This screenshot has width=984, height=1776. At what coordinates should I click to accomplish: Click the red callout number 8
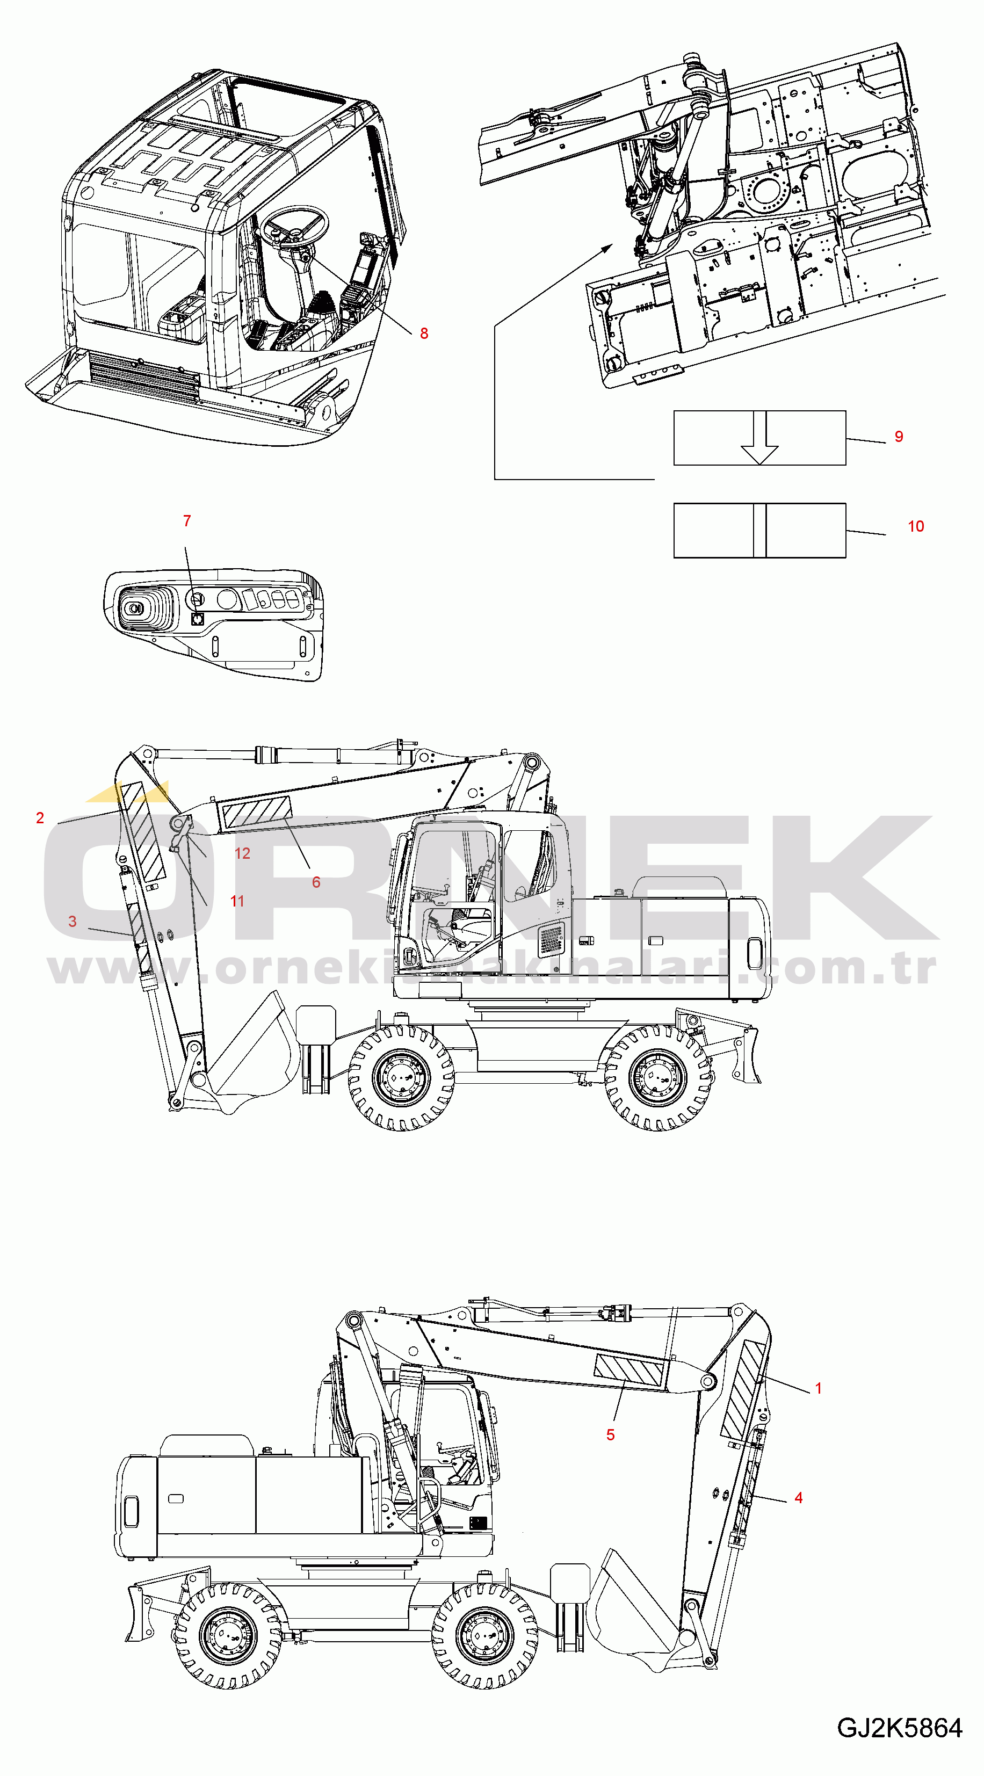pos(424,334)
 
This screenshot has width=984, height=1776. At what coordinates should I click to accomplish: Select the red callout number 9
pos(899,437)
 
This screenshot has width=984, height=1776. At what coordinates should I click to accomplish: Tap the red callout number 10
pos(916,527)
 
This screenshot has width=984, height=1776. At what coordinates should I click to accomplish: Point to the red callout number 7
pos(187,521)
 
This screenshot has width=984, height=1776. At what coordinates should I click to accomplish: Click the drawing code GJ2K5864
pos(899,1728)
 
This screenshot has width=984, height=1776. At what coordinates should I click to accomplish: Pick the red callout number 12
pos(242,853)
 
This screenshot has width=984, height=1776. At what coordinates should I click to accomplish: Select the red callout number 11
pos(237,901)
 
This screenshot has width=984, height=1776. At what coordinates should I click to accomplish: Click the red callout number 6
pos(316,882)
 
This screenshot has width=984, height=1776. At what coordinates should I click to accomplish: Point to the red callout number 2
pos(40,818)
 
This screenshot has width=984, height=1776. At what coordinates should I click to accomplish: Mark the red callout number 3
pos(73,922)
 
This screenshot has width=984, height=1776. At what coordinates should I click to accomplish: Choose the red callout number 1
pos(819,1389)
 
